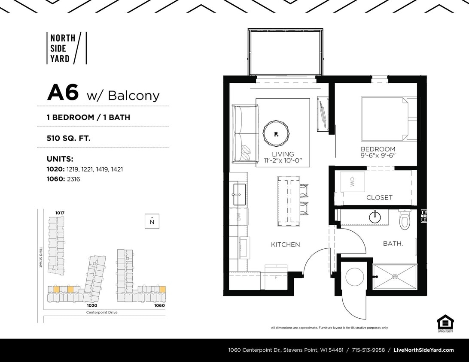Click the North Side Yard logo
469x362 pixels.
66,48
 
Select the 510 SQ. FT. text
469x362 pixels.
68,138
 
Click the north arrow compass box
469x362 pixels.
152,221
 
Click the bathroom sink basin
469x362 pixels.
375,217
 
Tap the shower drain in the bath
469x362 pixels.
395,277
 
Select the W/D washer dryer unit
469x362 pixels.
352,182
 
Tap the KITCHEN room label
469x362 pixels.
285,244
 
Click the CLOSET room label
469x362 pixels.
379,198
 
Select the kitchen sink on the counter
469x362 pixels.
239,194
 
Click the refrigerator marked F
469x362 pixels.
276,277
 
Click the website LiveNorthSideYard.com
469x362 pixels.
423,350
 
